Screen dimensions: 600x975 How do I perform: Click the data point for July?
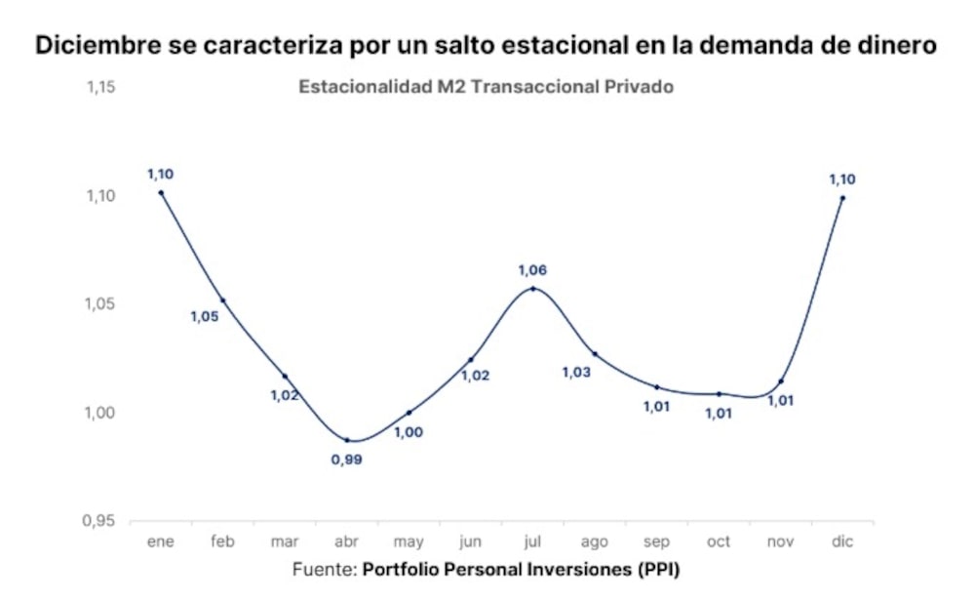tap(532, 289)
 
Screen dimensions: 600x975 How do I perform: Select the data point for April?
tap(347, 440)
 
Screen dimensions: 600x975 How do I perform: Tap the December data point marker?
tap(842, 198)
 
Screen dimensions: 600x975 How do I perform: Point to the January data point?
tap(161, 192)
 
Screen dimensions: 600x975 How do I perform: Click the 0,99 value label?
tap(347, 460)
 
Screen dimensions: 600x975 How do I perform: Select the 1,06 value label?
tap(532, 269)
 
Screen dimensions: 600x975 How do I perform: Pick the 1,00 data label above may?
tap(409, 432)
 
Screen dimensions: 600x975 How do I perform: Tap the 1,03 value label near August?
tap(577, 372)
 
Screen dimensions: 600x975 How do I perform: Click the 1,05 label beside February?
tap(204, 316)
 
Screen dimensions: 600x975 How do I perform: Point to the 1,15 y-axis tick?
tap(101, 88)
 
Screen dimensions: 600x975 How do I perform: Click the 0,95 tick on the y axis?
tap(101, 521)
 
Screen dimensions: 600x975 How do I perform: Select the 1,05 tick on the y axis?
tap(101, 304)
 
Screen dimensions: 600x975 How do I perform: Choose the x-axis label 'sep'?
tap(656, 540)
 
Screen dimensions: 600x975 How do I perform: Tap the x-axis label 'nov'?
tap(780, 540)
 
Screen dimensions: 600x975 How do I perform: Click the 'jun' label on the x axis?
tap(470, 540)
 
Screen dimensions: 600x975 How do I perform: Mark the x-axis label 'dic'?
tap(842, 540)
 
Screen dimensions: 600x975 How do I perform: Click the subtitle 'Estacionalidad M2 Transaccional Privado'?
tap(487, 87)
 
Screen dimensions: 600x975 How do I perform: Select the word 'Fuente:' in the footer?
tap(325, 569)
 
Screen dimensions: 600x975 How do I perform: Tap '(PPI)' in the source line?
tap(656, 569)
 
